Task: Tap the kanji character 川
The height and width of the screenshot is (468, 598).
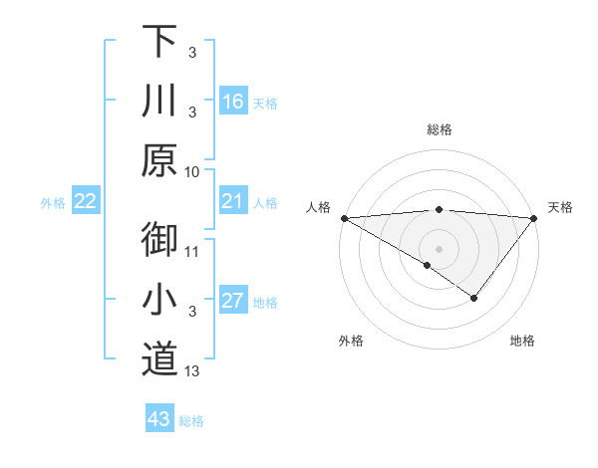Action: point(159,101)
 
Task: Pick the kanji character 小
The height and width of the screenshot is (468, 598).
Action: point(159,300)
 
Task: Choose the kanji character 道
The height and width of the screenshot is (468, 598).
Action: point(159,359)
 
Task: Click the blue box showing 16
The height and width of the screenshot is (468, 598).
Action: point(233,102)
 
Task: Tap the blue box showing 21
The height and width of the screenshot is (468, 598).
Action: point(233,202)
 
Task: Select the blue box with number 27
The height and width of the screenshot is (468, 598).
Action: point(233,302)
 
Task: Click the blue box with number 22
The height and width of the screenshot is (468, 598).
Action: point(86,202)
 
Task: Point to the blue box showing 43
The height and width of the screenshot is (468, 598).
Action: point(158,419)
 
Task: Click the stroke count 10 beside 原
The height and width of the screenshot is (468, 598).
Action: point(192,171)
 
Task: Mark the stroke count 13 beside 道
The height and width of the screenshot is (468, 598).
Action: point(192,371)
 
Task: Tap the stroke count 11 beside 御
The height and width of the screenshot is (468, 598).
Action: point(192,251)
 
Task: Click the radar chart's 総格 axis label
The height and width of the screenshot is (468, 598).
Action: point(440,129)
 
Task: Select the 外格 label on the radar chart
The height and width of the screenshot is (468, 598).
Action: point(351,341)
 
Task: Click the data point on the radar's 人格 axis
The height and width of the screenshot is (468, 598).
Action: point(344,218)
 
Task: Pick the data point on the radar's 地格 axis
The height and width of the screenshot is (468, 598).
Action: point(474,298)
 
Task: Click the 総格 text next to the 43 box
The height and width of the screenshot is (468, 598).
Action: point(191,421)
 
